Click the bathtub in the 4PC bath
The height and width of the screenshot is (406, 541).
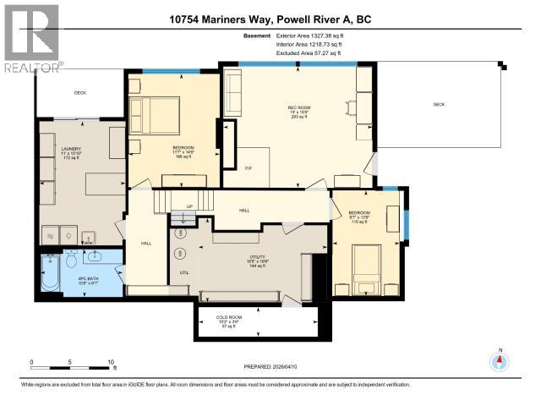51,276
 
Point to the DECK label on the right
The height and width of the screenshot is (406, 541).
438,104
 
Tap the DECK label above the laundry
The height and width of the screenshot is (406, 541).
80,93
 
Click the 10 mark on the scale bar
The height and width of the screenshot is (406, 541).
111,362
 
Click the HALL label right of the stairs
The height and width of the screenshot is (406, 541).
244,210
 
